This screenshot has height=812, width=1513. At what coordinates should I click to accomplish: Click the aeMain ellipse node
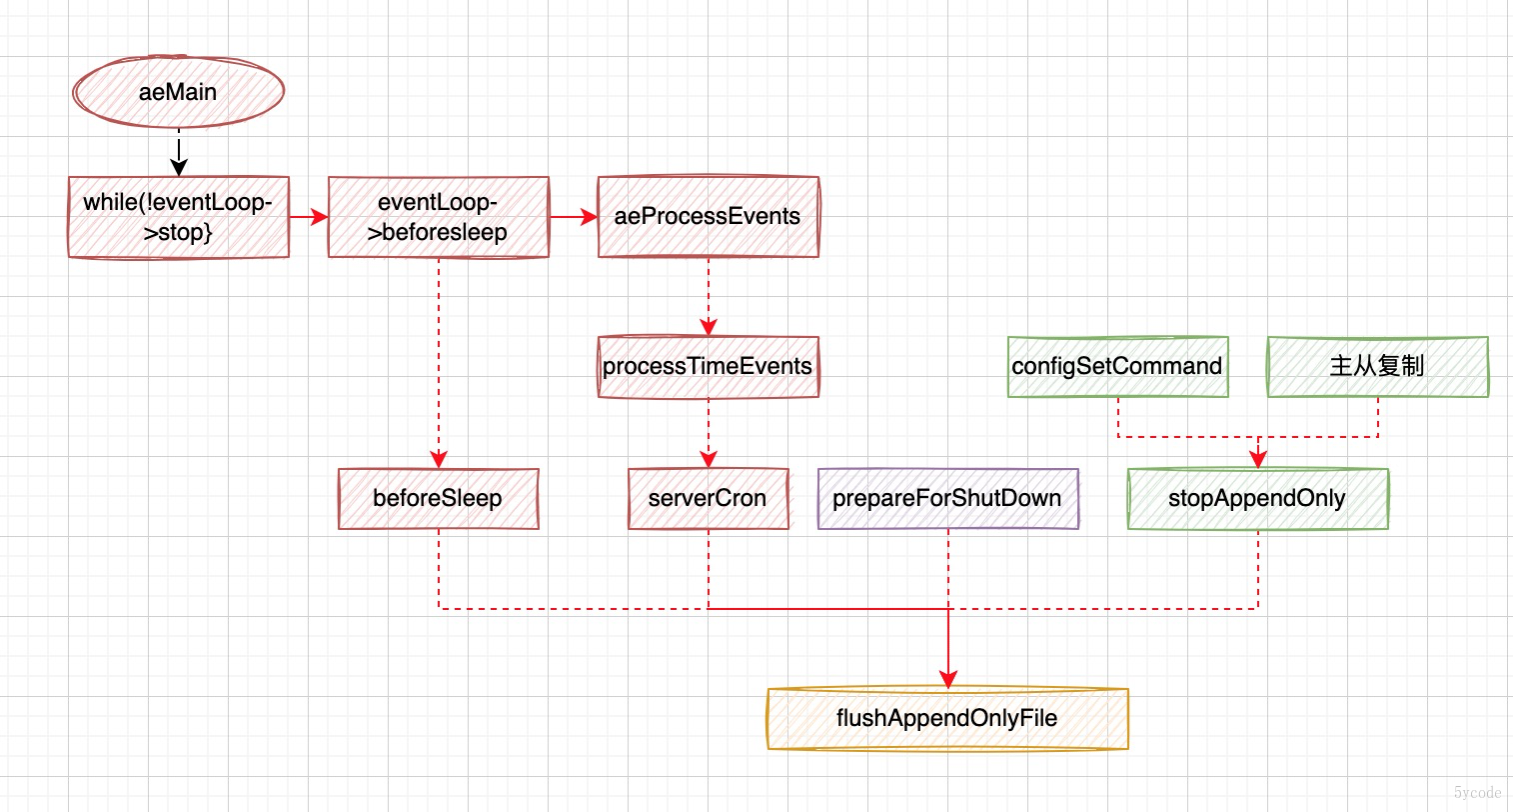coord(179,92)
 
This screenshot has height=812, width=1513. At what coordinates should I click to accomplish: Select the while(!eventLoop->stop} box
coord(179,217)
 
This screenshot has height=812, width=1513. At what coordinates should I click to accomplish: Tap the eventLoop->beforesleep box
coord(439,217)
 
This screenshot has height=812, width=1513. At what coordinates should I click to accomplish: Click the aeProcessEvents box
coord(709,217)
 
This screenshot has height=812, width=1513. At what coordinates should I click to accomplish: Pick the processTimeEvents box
coord(709,367)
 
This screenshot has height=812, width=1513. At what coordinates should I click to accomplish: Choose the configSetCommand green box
coord(1117,367)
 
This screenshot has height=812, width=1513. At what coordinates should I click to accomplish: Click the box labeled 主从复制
coord(1377,367)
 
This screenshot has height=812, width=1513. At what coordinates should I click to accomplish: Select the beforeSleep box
coord(439,499)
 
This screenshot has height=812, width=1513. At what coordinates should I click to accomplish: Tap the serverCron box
coord(709,499)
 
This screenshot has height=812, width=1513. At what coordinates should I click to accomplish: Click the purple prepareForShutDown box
coord(947,499)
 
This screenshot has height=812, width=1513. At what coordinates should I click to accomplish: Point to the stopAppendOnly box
coord(1257,499)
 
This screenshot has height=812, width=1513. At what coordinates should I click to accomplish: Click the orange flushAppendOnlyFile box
coord(947,719)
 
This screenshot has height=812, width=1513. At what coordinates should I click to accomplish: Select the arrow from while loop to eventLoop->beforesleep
coord(309,217)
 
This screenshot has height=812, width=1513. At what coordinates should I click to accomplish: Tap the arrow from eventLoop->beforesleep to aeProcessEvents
coord(574,217)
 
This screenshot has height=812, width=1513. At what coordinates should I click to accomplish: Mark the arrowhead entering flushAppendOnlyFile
coord(947,680)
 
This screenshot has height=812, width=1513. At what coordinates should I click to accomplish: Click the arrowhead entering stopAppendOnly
coord(1258,460)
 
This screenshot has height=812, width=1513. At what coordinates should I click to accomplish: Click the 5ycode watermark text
coord(1477,793)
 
